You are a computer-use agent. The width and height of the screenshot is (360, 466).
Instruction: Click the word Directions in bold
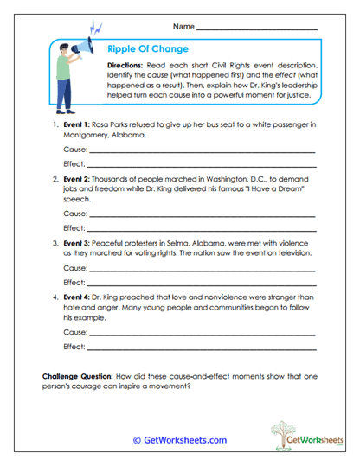coord(127,65)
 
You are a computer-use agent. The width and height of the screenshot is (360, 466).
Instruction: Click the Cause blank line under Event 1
coord(202,152)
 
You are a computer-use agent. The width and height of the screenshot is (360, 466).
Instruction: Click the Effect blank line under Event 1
coord(202,166)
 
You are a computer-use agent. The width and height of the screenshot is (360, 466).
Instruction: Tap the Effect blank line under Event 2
coord(202,230)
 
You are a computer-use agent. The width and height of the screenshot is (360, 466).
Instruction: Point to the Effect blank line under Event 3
coord(202,284)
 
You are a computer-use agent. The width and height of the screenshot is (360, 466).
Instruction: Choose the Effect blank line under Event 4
coord(202,348)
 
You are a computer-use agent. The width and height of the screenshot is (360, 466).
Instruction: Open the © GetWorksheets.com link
coord(179,440)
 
